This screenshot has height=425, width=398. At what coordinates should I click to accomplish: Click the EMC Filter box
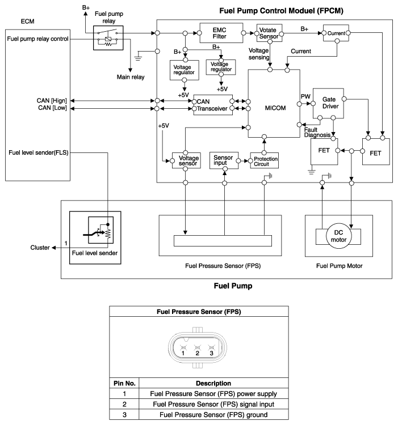221,33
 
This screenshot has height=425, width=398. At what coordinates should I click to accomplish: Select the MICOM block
274,103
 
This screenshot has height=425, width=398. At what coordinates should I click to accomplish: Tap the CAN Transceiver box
213,105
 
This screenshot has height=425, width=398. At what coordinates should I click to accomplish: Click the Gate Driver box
328,103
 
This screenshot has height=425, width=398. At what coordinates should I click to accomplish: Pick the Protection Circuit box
265,160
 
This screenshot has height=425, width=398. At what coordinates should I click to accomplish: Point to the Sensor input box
224,160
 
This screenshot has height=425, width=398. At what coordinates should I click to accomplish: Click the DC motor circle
338,236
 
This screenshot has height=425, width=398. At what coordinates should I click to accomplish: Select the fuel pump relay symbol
108,38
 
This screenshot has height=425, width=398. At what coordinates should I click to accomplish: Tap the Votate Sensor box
269,33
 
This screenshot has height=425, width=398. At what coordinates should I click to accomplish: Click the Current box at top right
336,33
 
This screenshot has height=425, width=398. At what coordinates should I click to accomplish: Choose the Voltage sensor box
186,160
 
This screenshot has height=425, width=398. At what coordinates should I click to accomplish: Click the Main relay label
131,77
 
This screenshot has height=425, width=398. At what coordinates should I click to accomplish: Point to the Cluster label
40,248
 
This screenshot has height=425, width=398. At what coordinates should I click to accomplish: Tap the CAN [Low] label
52,108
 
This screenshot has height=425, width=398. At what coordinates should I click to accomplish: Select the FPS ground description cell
213,415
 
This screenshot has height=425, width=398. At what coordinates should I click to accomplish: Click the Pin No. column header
124,383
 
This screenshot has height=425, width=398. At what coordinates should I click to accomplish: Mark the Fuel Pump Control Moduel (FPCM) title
281,11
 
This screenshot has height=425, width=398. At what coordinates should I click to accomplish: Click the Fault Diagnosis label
317,133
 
